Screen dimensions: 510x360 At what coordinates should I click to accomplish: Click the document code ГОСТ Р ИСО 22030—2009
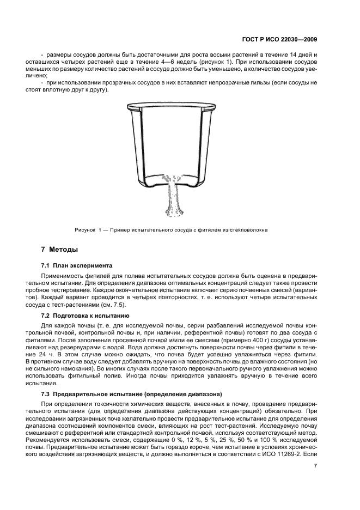(x=279, y=39)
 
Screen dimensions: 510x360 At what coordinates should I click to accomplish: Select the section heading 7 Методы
(x=59, y=250)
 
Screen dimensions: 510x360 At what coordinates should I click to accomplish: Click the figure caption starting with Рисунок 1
(x=170, y=229)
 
